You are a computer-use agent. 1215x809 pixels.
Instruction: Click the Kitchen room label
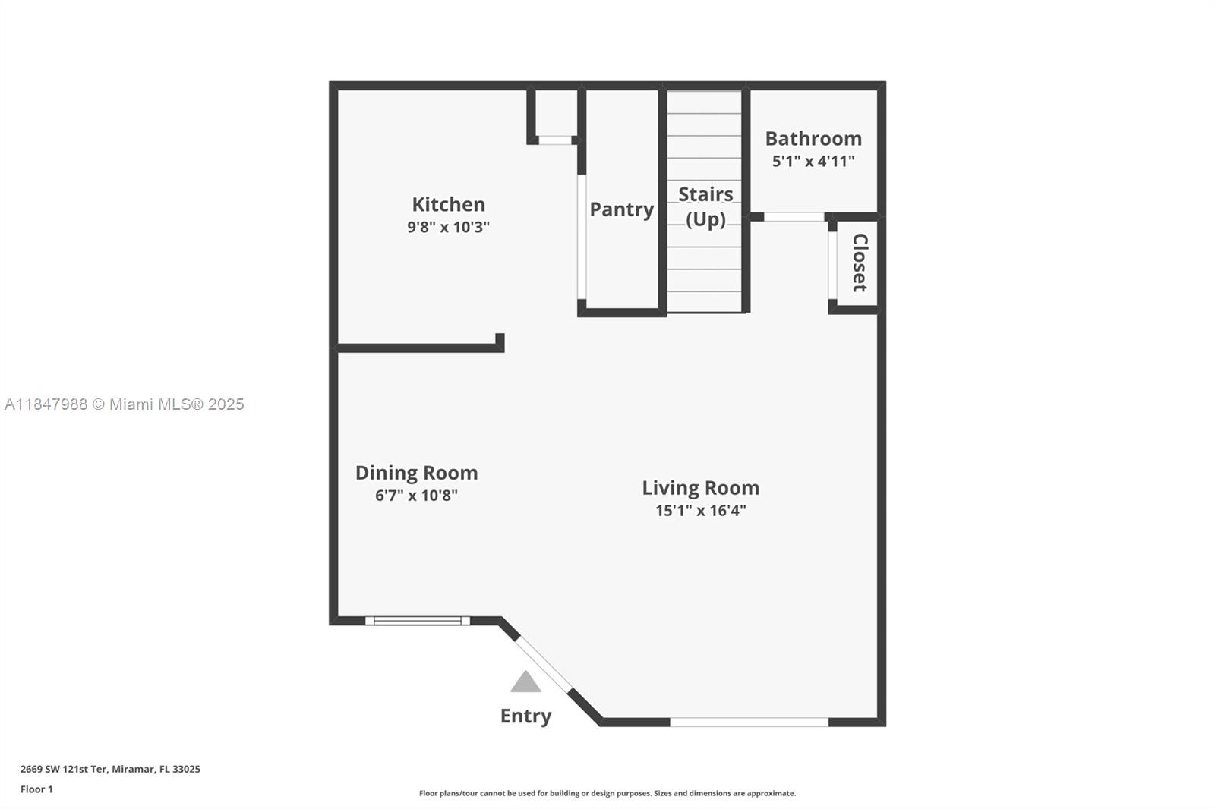(x=449, y=204)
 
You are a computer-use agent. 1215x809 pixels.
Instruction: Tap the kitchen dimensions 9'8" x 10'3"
(x=449, y=227)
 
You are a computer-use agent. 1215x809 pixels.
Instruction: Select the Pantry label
(x=622, y=210)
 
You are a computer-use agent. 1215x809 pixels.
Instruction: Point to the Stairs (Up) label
(x=705, y=206)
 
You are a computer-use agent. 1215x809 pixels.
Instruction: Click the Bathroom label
(x=813, y=139)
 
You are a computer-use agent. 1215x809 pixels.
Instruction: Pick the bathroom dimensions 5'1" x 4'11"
(x=813, y=161)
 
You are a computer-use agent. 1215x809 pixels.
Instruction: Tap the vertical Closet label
(x=860, y=263)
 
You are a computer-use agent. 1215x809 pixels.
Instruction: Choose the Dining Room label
(x=417, y=473)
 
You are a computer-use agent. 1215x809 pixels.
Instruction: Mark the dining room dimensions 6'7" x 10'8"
(x=417, y=495)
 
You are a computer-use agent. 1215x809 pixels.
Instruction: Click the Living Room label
(x=701, y=488)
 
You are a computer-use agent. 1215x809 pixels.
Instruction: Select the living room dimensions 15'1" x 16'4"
(x=701, y=510)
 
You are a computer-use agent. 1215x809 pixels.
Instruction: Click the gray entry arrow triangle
(x=525, y=682)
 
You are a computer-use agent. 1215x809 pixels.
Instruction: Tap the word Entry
(x=525, y=716)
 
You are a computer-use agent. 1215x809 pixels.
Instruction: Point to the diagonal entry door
(x=544, y=664)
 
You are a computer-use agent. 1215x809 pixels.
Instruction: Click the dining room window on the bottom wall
(x=418, y=621)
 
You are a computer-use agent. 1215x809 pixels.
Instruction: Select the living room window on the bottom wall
(x=749, y=722)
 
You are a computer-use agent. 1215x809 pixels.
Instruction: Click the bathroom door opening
(x=794, y=217)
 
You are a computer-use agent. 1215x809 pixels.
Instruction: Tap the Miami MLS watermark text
(x=125, y=404)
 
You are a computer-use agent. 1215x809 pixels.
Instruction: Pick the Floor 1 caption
(x=36, y=789)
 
